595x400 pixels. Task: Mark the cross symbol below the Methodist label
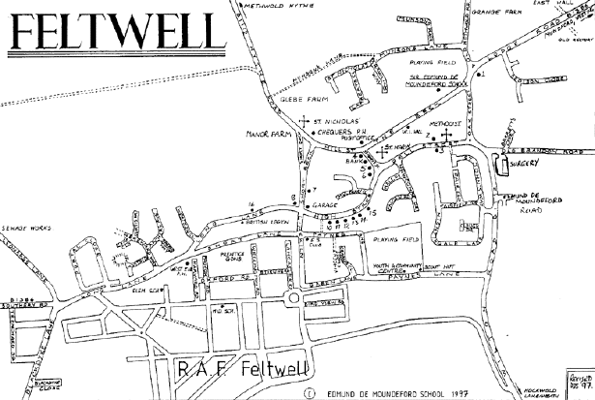point(445,137)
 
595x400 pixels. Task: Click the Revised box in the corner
point(577,383)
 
